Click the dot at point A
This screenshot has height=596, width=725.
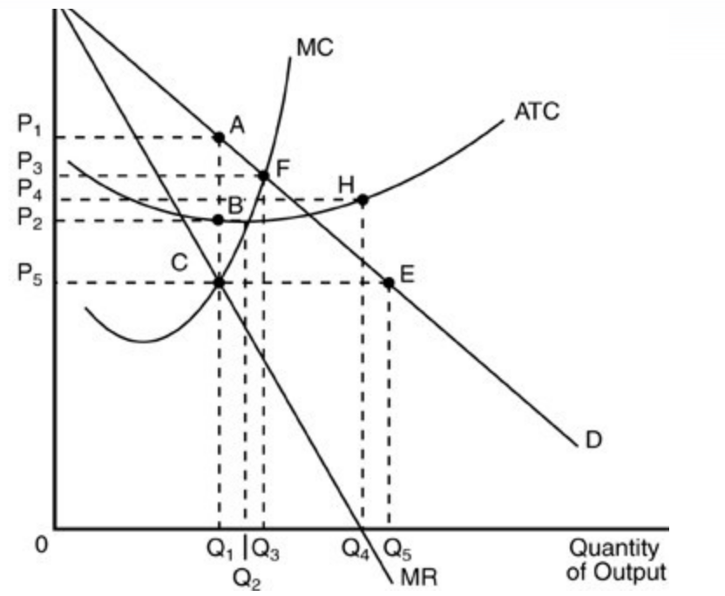(x=219, y=137)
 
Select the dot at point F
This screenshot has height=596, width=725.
(x=263, y=176)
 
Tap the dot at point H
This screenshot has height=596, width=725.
(x=362, y=200)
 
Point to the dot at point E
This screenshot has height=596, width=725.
(x=389, y=282)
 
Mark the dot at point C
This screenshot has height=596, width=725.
(x=219, y=282)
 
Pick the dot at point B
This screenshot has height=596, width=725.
(x=219, y=220)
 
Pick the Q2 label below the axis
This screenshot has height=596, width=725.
(x=247, y=575)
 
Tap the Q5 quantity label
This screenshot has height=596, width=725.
(x=397, y=550)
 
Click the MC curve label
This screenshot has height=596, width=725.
(x=313, y=48)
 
